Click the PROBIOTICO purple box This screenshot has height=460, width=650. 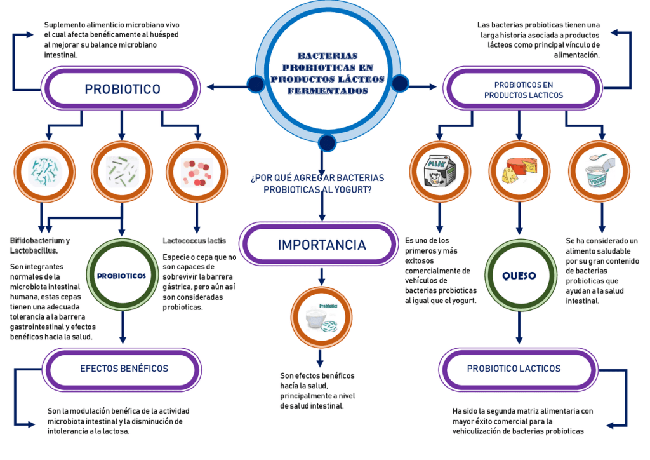click(122, 89)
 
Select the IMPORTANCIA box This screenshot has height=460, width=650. click(321, 245)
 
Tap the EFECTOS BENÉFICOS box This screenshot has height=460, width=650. click(124, 369)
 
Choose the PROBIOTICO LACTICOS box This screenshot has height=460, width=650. click(514, 369)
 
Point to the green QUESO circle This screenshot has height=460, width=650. click(519, 276)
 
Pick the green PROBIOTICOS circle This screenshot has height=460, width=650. click(121, 276)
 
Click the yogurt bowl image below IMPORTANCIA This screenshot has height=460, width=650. click(321, 316)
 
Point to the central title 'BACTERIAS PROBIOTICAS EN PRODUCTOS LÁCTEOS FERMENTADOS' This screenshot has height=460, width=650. click(327, 74)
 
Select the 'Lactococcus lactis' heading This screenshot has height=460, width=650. click(194, 241)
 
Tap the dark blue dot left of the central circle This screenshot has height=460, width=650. click(255, 83)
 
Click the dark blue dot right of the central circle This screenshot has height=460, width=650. click(399, 83)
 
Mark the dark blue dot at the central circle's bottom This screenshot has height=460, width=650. click(327, 142)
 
